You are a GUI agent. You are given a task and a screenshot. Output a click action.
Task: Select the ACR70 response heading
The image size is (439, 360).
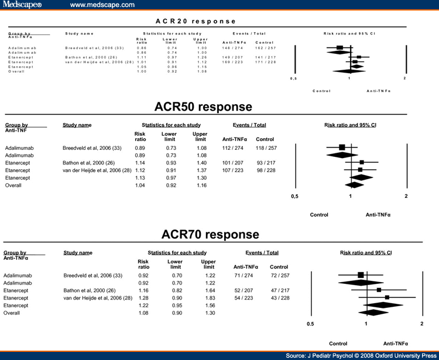pyautogui.click(x=210, y=234)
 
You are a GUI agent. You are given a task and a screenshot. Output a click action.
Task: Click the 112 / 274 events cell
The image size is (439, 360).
pyautogui.click(x=234, y=148)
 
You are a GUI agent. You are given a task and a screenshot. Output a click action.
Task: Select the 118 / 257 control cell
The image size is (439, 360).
pyautogui.click(x=266, y=148)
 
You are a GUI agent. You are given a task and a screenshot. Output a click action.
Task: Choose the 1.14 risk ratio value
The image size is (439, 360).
pyautogui.click(x=140, y=162)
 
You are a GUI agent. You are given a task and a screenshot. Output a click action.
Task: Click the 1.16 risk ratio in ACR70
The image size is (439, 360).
pyautogui.click(x=143, y=290)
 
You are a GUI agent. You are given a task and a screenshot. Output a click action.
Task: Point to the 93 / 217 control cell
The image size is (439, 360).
pyautogui.click(x=266, y=162)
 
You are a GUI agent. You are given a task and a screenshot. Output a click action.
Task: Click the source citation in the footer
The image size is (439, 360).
pyautogui.click(x=361, y=355)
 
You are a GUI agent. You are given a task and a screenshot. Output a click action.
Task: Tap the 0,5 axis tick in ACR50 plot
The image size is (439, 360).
pyautogui.click(x=294, y=196)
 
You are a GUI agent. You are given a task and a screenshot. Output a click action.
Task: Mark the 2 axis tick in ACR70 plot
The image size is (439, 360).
pyautogui.click(x=421, y=324)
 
